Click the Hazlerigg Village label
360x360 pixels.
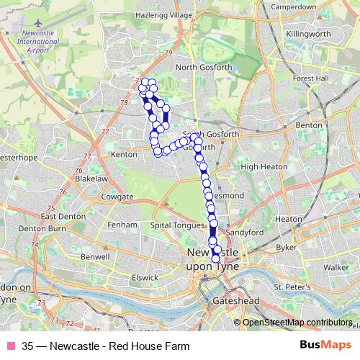[166, 14]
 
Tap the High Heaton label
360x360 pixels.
[259, 166]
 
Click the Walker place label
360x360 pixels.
[336, 267]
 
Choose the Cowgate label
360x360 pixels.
[117, 197]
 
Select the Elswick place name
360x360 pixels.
[144, 276]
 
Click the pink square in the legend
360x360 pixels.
[10, 346]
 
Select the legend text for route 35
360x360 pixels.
[106, 346]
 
